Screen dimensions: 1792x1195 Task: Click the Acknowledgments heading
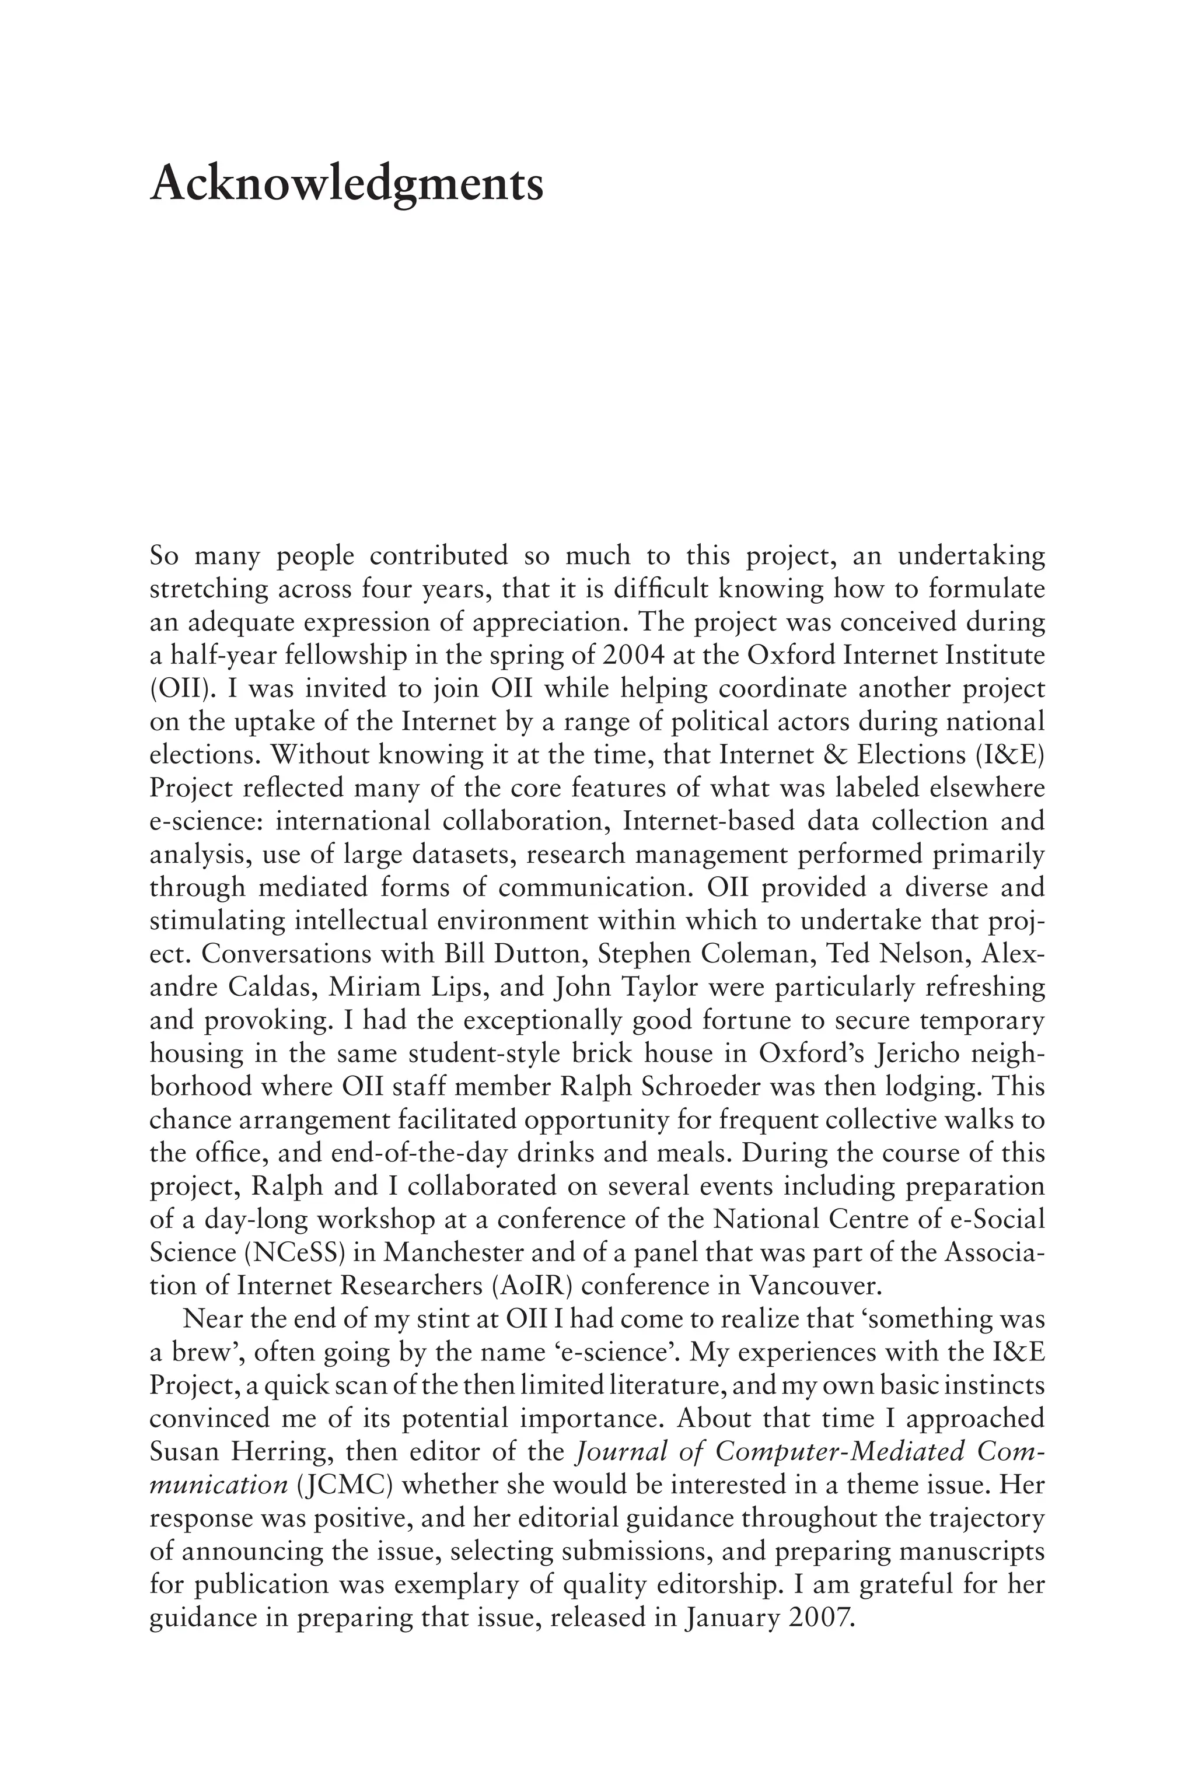tap(347, 185)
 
